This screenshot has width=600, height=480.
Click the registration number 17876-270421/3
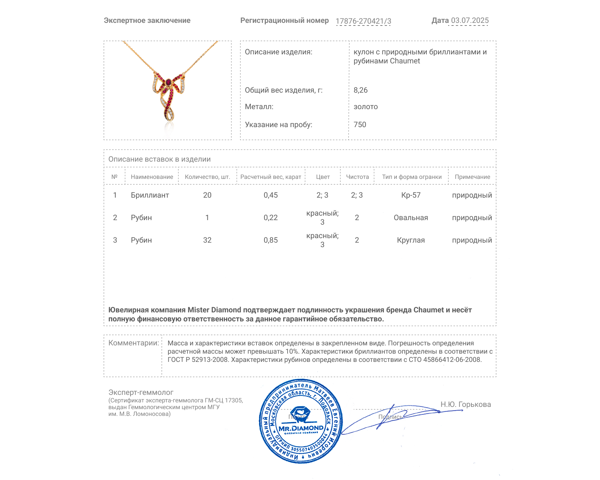tap(363, 21)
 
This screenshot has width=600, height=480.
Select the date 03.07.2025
tap(469, 20)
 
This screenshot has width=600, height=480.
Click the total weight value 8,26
tap(360, 90)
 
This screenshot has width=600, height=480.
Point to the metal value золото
tap(366, 106)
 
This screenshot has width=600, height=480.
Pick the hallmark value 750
tap(360, 124)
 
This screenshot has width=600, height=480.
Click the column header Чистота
tap(357, 177)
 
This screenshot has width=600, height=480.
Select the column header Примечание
tap(472, 177)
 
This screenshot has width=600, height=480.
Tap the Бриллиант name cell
tap(150, 195)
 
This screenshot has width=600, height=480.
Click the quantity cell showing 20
tap(207, 195)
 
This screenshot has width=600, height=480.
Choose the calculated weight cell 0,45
tap(270, 195)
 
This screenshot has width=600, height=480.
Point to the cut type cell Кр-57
tap(411, 195)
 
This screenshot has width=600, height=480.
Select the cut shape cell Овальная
tap(411, 217)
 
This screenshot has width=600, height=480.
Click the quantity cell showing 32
tap(207, 240)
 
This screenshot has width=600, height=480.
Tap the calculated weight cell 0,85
tap(270, 240)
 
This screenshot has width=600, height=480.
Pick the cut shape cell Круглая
tap(411, 240)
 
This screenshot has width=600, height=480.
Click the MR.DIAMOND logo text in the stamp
tap(301, 428)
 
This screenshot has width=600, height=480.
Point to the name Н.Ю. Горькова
tap(465, 404)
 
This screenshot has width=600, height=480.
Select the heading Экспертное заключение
tap(147, 20)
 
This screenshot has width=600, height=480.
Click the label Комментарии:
tap(133, 343)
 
